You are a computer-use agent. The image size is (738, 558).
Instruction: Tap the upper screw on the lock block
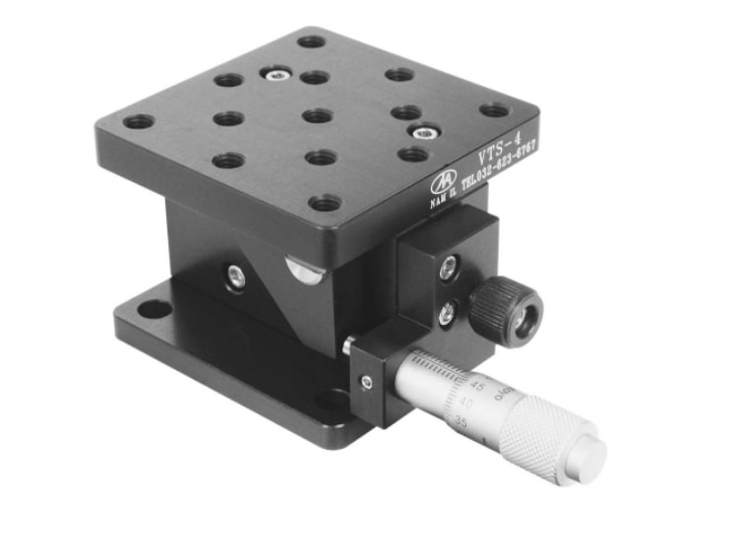448,265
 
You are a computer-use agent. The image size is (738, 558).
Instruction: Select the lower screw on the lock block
446,314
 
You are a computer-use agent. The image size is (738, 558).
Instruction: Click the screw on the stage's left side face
236,278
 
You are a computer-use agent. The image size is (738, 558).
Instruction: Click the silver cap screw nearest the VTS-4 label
424,132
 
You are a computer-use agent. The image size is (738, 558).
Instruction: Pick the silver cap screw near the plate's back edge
275,72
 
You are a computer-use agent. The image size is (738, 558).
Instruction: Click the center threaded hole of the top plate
317,116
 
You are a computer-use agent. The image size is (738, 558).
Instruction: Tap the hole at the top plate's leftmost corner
139,122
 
